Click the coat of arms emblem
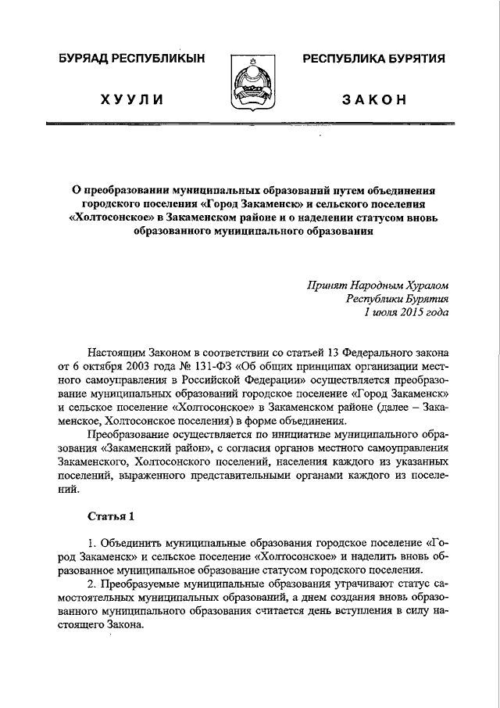point(249,83)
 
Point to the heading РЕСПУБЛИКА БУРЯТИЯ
point(373,59)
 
